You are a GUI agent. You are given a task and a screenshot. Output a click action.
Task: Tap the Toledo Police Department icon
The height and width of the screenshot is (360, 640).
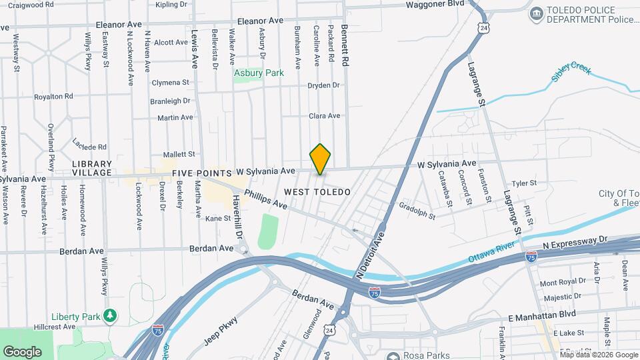[535, 14]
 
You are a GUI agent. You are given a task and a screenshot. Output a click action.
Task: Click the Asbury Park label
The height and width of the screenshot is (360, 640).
[259, 73]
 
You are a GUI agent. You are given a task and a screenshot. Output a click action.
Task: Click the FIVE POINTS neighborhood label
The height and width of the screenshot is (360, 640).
[201, 173]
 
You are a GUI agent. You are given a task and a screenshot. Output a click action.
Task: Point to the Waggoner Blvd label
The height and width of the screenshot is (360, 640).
[435, 4]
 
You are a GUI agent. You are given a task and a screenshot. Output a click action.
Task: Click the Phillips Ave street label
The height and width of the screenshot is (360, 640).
[265, 197]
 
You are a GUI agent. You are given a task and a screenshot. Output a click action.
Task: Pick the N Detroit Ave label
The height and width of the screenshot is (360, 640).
[371, 255]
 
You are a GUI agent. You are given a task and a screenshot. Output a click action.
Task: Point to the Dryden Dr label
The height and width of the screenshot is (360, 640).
[323, 85]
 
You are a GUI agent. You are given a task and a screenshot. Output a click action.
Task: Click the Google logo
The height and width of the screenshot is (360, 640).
[22, 351]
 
